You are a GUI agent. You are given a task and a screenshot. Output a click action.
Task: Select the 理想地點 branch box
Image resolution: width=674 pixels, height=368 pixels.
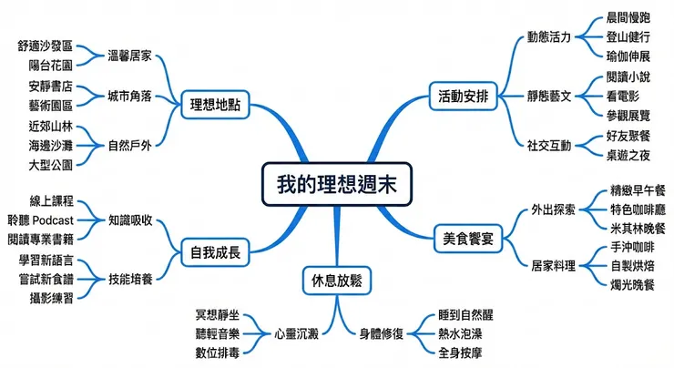(x=215, y=102)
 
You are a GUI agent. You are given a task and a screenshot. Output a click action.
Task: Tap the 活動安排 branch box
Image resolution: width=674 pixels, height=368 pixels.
(x=463, y=93)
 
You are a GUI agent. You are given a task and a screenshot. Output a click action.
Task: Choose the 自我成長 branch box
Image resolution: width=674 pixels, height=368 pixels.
(x=215, y=251)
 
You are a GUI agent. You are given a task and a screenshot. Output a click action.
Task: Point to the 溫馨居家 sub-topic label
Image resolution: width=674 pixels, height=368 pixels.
(x=130, y=54)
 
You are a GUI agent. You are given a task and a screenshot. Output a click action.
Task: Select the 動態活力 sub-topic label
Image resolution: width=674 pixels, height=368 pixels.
(x=548, y=37)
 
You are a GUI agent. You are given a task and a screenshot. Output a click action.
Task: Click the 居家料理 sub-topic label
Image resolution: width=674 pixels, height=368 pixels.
(x=553, y=266)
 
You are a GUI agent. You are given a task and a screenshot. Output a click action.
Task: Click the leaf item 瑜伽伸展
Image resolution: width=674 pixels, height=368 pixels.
(x=628, y=56)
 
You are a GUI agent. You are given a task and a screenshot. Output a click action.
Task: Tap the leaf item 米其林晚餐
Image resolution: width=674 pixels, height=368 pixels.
(x=638, y=226)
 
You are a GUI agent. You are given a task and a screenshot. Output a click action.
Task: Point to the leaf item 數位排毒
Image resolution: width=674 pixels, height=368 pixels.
(x=217, y=351)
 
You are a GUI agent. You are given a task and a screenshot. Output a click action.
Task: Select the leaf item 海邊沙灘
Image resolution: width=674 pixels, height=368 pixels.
(x=50, y=145)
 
